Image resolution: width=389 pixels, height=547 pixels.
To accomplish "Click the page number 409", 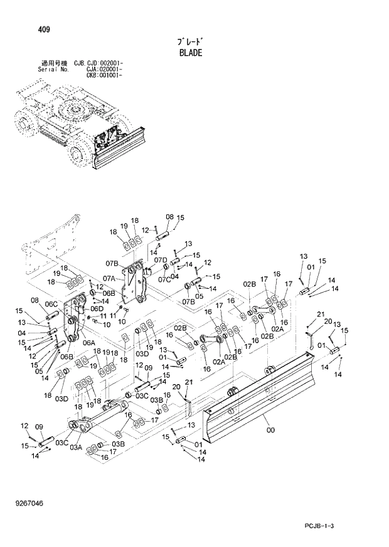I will (28, 29).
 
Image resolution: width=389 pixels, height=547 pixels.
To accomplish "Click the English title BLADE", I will (191, 53).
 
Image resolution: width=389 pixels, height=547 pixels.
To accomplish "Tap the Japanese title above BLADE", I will (191, 41).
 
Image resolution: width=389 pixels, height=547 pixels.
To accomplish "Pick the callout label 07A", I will (112, 279).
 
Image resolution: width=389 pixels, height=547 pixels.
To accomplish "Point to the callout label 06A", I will (89, 343).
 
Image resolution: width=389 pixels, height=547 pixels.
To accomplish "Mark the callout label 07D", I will (161, 259).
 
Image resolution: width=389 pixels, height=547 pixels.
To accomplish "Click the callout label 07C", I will (164, 279).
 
